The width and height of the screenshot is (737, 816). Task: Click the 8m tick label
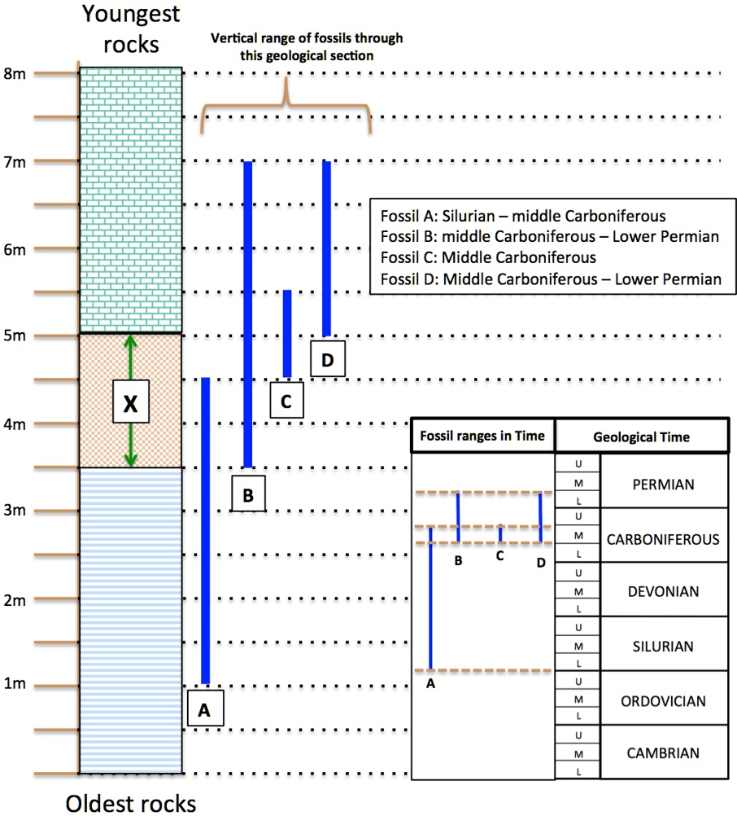pos(14,73)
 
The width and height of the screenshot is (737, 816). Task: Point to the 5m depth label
pos(14,336)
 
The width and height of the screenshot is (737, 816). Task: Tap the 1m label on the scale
pos(14,682)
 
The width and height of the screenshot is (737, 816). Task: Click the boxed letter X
pos(130,401)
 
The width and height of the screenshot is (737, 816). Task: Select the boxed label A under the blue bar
pos(205,709)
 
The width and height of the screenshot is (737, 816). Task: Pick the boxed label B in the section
pos(248,494)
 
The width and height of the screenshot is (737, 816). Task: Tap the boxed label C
pos(286,400)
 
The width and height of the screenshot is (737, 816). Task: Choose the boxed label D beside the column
pos(328,359)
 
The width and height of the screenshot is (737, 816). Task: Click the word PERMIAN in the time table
pos(663,485)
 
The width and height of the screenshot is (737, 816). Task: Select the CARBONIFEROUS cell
pos(663,539)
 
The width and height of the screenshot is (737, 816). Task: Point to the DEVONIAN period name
pos(663,591)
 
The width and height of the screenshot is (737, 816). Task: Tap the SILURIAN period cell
pos(663,647)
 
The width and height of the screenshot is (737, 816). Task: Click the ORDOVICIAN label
pos(663,701)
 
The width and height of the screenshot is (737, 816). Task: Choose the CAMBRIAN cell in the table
pos(663,753)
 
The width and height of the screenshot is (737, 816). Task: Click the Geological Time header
pos(641,437)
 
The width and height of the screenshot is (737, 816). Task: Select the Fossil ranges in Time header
pos(482,436)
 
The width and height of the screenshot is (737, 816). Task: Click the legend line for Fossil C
pos(488,257)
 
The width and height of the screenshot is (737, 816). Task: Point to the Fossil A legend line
pos(523,216)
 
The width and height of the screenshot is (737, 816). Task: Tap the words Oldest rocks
pos(131,803)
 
